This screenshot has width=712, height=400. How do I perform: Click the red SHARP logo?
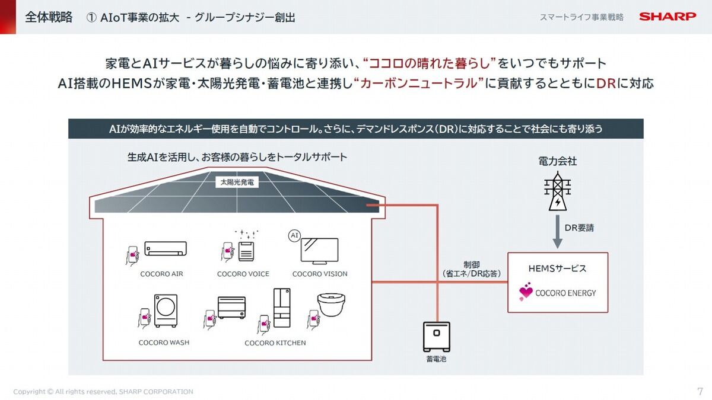[667, 17]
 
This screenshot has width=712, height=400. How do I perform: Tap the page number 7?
[700, 391]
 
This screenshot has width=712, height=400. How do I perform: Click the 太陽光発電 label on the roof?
[237, 183]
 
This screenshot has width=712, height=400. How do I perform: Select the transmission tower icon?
[558, 191]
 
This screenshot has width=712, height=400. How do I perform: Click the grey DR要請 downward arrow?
[558, 232]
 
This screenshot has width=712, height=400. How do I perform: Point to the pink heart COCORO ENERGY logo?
[526, 292]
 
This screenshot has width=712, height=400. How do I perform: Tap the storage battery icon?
[437, 337]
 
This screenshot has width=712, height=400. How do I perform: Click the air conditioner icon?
[166, 248]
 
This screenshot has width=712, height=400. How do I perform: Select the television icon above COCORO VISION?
[319, 251]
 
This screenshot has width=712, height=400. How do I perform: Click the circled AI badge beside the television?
[294, 236]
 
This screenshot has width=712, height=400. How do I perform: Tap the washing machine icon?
[166, 311]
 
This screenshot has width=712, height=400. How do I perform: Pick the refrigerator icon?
[282, 308]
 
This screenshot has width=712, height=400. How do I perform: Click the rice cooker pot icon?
[331, 305]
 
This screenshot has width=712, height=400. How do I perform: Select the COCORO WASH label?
[164, 343]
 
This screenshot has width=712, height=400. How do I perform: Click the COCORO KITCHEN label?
[275, 343]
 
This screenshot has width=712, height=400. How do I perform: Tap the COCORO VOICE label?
[243, 274]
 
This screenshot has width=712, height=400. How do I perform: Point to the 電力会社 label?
[558, 161]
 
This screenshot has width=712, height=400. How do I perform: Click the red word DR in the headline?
[606, 84]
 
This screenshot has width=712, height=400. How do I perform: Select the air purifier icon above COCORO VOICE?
[246, 251]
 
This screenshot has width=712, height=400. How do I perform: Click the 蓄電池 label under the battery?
[436, 359]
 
